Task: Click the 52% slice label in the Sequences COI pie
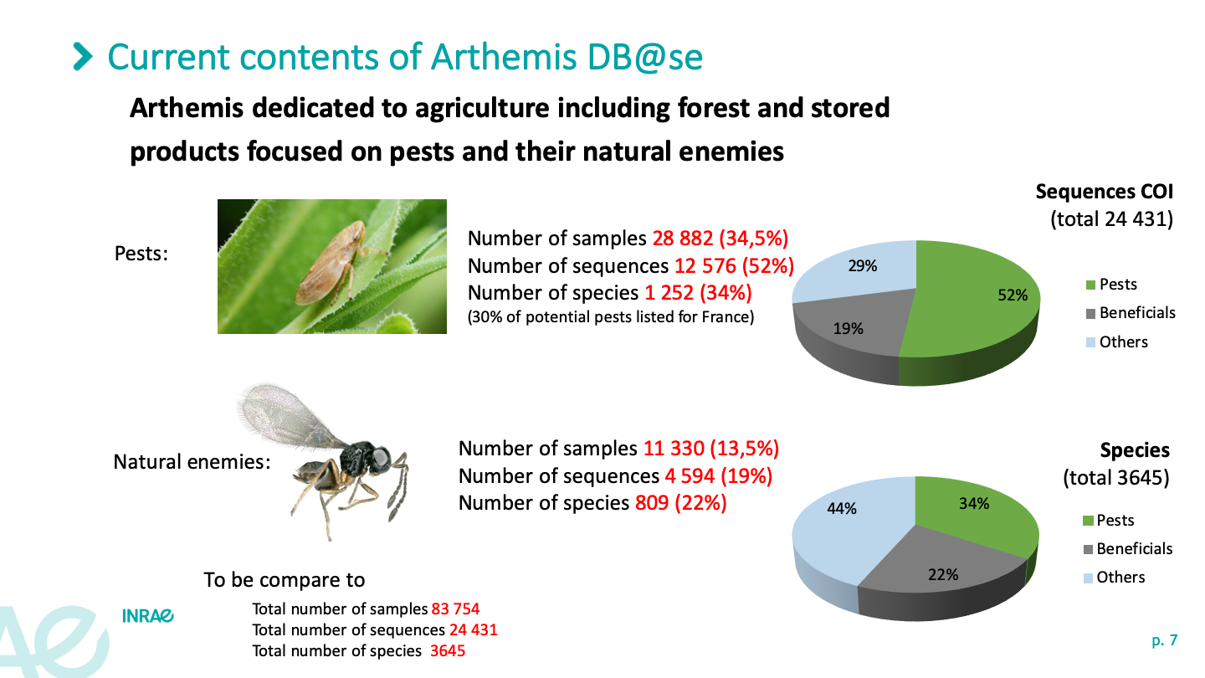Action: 1013,295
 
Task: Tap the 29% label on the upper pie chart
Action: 862,266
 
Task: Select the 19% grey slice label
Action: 848,328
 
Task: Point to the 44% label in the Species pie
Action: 841,509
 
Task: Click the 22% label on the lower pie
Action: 943,575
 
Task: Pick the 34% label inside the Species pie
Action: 974,504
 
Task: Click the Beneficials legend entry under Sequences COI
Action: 1131,313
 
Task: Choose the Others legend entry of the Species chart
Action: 1114,578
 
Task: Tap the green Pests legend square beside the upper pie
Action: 1090,285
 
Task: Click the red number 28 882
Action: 683,239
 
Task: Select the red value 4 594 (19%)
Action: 719,476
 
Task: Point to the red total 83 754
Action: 455,609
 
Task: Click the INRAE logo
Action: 148,616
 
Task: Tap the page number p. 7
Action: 1165,640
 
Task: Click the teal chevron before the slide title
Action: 83,57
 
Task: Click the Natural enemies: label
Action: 192,462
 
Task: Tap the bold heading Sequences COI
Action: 1104,192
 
